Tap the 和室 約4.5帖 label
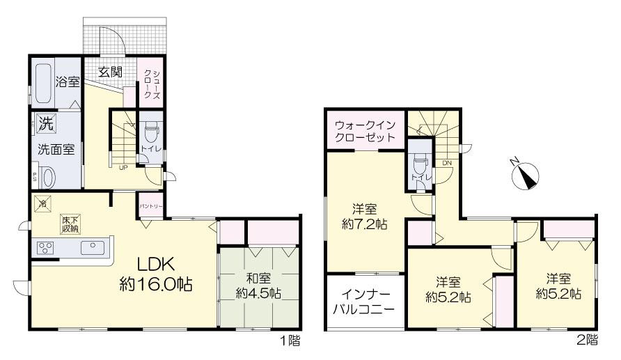point(257,285)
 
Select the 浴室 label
point(68,82)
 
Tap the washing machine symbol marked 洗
point(45,125)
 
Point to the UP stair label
point(123,168)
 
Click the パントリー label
point(150,206)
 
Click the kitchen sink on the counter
point(91,248)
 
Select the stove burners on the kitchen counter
point(46,249)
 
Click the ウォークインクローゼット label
point(365,131)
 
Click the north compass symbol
point(524,175)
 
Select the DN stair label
point(446,164)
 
